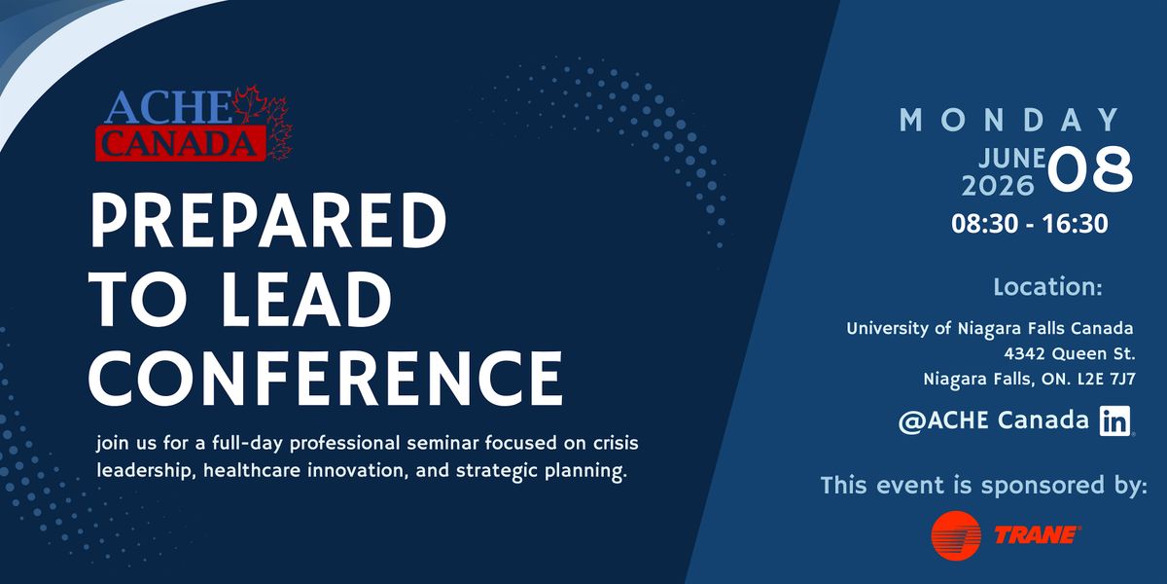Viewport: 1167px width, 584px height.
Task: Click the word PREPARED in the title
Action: (268, 220)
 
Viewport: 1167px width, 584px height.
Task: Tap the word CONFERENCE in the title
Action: (326, 378)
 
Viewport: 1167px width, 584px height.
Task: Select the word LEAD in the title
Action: (306, 300)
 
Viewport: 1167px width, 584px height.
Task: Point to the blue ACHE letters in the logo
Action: (167, 107)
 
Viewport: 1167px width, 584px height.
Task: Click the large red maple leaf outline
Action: (250, 105)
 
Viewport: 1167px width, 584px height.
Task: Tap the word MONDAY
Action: (1009, 120)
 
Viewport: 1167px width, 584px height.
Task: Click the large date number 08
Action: (1089, 169)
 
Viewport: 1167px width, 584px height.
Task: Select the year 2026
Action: (998, 186)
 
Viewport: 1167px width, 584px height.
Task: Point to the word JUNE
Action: (1011, 158)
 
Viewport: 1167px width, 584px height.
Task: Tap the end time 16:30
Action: (1076, 224)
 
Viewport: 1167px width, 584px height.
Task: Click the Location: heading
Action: (1047, 287)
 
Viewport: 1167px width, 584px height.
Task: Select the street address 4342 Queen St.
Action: (1070, 354)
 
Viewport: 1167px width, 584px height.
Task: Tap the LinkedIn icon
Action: (1114, 420)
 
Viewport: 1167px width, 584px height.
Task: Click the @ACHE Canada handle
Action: (994, 420)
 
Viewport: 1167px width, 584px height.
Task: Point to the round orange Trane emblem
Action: (956, 535)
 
